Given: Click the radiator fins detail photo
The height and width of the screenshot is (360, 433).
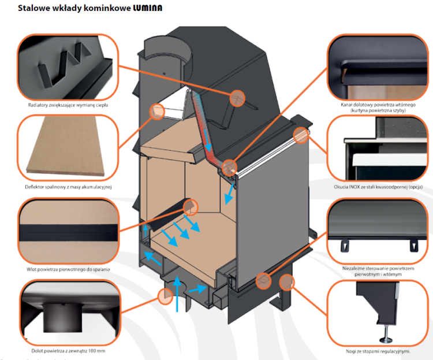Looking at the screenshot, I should click(x=68, y=68).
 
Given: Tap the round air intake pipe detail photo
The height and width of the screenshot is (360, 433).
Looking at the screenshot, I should click(x=68, y=313).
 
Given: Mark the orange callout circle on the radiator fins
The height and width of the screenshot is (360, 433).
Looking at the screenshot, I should click(x=237, y=98).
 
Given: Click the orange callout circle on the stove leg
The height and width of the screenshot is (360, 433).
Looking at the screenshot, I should click(x=286, y=282).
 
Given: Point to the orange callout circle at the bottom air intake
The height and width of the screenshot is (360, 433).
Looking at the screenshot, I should click(x=166, y=296).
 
